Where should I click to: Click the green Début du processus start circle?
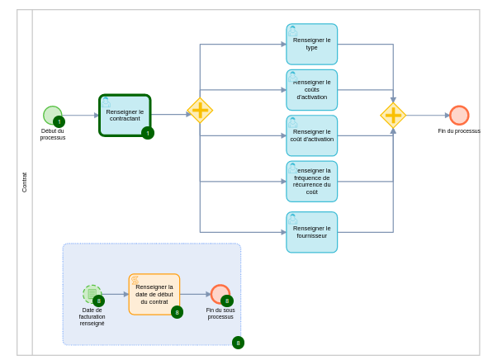[x=51, y=115]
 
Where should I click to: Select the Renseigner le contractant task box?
[x=125, y=115]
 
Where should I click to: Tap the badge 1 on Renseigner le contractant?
[x=148, y=133]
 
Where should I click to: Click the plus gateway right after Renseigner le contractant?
[x=200, y=111]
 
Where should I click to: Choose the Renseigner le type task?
[x=311, y=44]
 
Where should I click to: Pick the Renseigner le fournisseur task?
[x=311, y=232]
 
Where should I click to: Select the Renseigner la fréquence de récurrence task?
[x=311, y=181]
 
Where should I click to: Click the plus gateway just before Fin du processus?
[x=393, y=115]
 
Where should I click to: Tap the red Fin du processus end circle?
[x=459, y=115]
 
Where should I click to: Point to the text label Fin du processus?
[x=459, y=130]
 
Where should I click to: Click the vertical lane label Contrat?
[x=24, y=182]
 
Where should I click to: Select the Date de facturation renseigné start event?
[x=92, y=294]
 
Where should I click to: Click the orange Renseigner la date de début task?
[x=154, y=294]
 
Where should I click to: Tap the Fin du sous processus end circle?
[x=219, y=293]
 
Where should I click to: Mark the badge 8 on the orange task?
[x=177, y=312]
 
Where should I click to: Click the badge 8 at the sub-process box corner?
[x=238, y=343]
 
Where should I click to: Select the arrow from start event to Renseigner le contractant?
[x=80, y=115]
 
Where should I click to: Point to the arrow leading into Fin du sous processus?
[x=195, y=294]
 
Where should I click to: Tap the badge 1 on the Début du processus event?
[x=59, y=121]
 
